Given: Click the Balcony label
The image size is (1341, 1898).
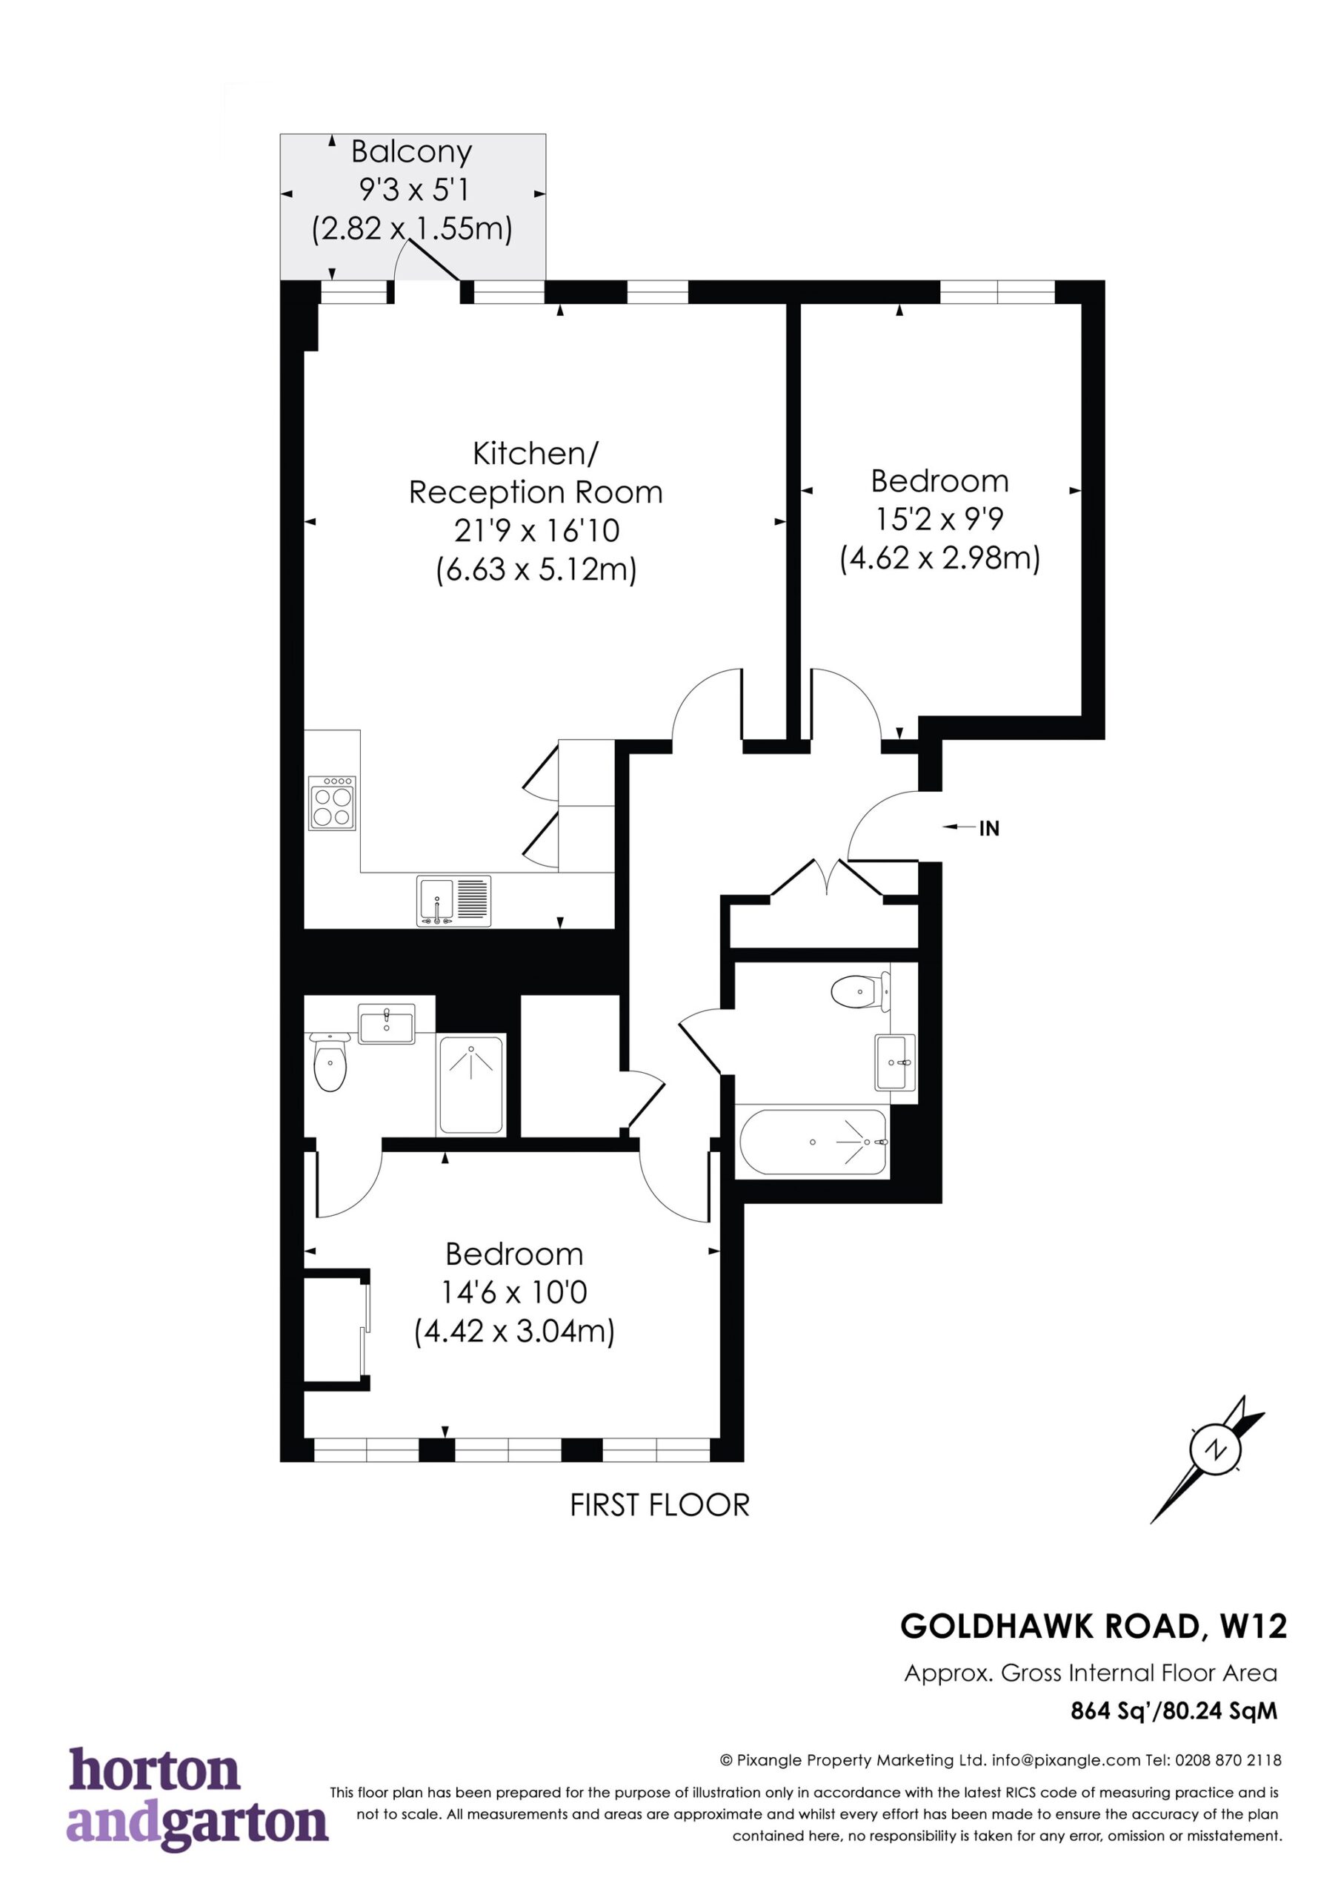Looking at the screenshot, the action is point(411,152).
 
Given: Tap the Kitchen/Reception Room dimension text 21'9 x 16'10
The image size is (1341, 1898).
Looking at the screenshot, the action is point(536,530).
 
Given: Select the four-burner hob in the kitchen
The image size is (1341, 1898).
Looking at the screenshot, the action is point(332,803).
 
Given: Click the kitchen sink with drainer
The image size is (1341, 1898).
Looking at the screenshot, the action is point(453,900).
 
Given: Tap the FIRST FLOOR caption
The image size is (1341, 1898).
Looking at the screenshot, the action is point(659,1505).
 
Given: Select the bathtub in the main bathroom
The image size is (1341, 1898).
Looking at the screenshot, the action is point(813,1143).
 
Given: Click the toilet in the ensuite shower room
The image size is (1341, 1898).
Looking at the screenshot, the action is point(330,1062).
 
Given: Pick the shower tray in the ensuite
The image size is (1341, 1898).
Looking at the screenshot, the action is point(471,1085).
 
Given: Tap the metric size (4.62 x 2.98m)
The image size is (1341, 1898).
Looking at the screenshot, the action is point(940,559).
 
